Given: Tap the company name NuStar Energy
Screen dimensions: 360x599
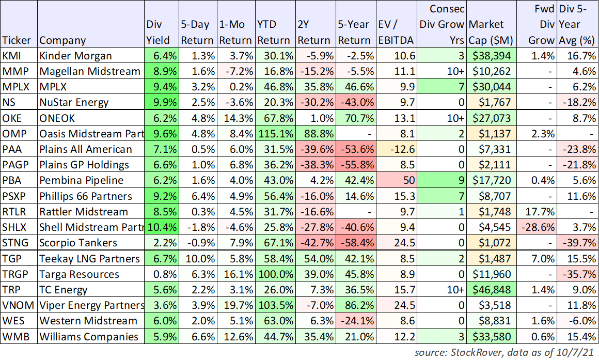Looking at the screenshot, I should (x=74, y=102).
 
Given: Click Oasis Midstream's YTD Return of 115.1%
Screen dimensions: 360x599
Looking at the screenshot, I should (x=275, y=134).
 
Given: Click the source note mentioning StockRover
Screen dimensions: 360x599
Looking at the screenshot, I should (x=505, y=352).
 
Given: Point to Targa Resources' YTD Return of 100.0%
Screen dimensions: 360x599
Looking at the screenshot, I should (x=275, y=274).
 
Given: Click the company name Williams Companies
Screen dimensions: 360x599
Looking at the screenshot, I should (x=89, y=337).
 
